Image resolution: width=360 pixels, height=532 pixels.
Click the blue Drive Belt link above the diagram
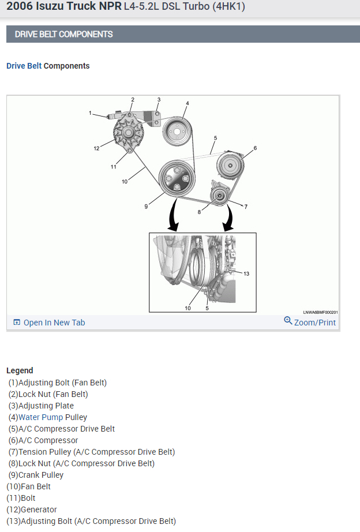click(24, 66)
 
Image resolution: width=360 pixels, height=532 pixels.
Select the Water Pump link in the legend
click(40, 417)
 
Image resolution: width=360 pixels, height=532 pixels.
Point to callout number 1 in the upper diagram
click(91, 113)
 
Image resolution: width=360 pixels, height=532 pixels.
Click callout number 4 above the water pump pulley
click(187, 104)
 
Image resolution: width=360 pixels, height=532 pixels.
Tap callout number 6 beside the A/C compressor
click(255, 148)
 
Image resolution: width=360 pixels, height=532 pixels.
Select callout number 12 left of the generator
click(97, 148)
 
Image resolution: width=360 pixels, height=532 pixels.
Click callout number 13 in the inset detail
click(246, 274)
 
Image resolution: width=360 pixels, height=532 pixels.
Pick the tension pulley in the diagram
click(219, 194)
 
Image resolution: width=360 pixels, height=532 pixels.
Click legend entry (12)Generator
click(32, 509)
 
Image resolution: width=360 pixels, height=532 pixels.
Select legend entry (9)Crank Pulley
click(36, 475)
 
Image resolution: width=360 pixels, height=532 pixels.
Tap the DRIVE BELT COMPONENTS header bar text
click(64, 34)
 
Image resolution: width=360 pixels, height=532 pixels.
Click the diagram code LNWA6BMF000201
click(321, 312)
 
